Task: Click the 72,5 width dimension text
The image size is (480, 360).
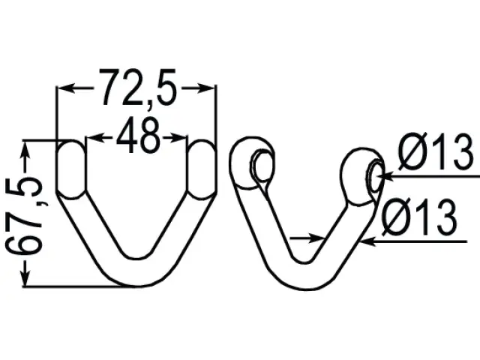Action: click(x=139, y=88)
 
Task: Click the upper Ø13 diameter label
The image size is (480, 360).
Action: click(x=436, y=151)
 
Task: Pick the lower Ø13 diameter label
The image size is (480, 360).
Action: click(x=419, y=217)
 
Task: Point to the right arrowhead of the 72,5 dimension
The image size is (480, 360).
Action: click(x=205, y=88)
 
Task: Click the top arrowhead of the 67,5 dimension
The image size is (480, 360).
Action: click(x=25, y=150)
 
